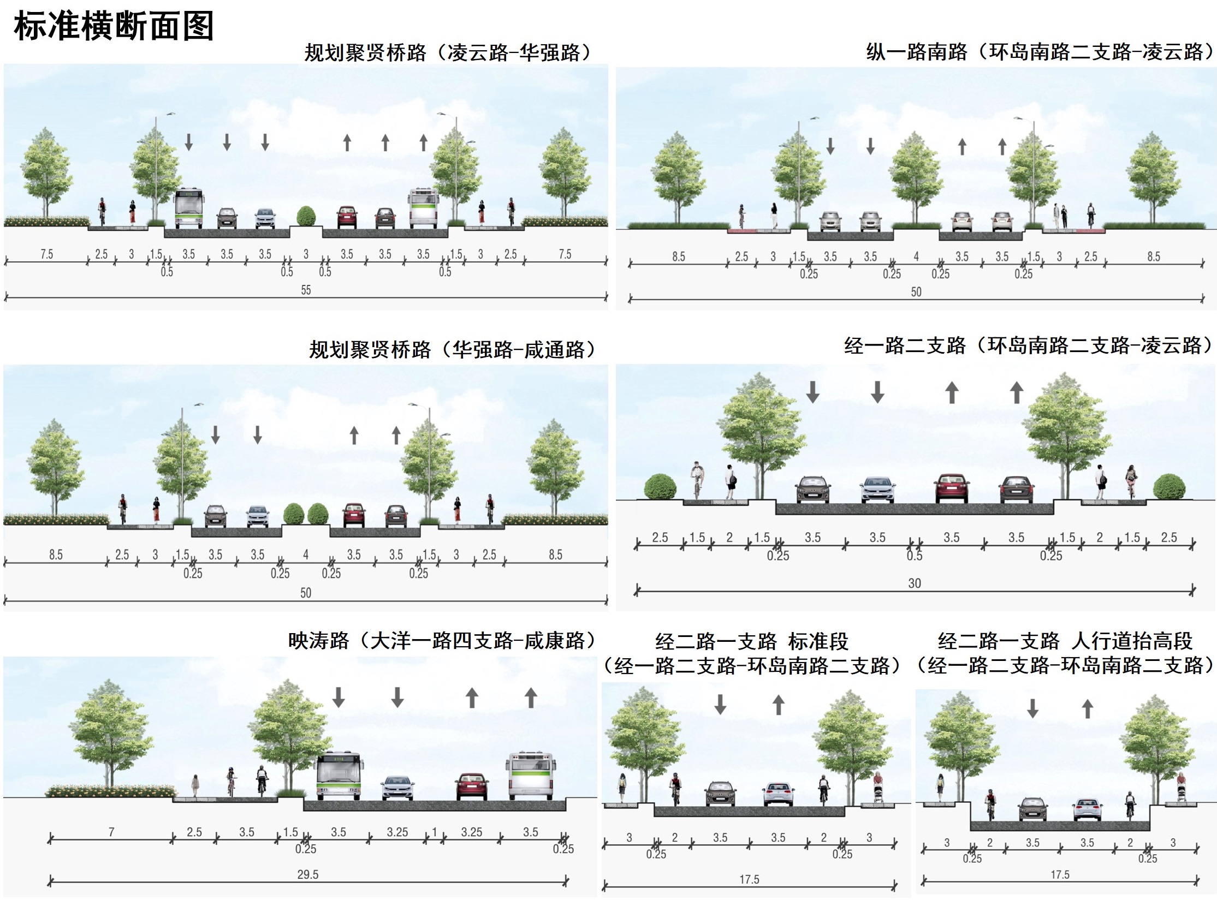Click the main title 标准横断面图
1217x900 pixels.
(x=114, y=26)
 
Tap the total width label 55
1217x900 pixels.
(x=306, y=290)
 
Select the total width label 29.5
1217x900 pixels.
(x=308, y=874)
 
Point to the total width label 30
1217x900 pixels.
(x=915, y=583)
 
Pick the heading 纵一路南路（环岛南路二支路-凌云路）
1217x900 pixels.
(x=1040, y=52)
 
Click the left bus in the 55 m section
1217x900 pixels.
(x=189, y=208)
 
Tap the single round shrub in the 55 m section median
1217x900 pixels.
(x=306, y=216)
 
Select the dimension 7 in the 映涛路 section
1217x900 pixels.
(x=111, y=832)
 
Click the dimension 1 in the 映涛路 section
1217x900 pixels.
(x=435, y=832)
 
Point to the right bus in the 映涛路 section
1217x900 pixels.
(x=530, y=776)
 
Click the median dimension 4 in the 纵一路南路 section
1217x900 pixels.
(x=916, y=257)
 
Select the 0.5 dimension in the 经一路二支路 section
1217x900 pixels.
(x=915, y=556)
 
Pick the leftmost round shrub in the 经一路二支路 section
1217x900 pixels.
(x=660, y=487)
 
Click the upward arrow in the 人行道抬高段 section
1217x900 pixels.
(x=1088, y=708)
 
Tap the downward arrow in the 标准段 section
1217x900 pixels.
(x=720, y=704)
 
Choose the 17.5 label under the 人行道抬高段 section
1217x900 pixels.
(x=1060, y=875)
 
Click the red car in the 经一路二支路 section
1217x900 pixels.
(x=952, y=488)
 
